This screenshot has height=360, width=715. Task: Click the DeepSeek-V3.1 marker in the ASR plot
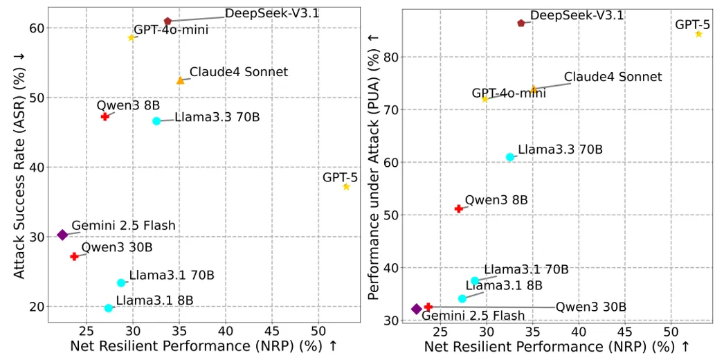[168, 21]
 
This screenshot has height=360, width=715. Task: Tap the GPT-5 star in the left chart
[346, 187]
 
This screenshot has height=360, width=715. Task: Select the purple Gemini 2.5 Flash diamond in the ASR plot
[62, 235]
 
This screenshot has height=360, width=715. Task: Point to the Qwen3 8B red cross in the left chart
[105, 116]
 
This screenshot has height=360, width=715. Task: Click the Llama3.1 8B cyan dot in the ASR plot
[109, 308]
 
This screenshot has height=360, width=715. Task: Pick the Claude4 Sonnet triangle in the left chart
[180, 80]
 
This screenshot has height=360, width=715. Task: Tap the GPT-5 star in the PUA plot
[698, 34]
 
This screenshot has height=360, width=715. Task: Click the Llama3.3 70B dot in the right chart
[510, 157]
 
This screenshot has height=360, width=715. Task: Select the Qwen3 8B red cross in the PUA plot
[458, 208]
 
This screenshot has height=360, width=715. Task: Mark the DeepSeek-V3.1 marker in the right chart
[521, 23]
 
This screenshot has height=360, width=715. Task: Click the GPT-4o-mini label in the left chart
[171, 30]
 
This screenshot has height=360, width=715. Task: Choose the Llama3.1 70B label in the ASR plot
[172, 276]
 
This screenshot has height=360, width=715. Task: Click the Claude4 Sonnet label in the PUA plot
[613, 77]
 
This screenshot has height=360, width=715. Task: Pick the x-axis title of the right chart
[556, 346]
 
